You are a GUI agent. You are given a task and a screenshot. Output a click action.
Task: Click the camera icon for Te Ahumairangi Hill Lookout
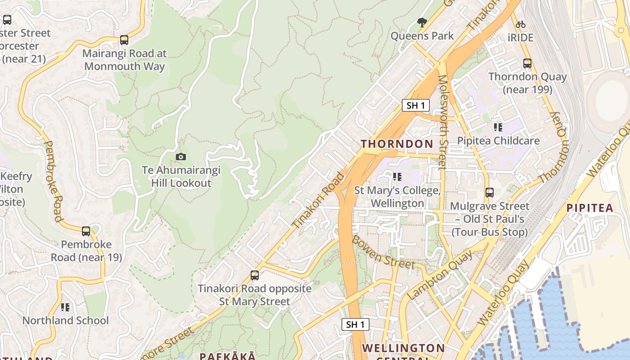point(180,157)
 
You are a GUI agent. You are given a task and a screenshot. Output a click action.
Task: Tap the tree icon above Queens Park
point(422,22)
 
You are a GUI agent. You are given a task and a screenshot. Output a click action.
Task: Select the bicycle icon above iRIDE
point(521,24)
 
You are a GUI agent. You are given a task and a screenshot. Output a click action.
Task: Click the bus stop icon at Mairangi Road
point(124,40)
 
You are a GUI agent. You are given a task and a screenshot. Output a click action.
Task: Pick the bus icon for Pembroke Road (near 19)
point(86,231)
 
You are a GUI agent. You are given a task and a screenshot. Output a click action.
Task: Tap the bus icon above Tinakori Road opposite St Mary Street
point(255,275)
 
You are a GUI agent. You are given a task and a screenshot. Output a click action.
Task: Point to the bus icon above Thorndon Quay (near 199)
point(527,63)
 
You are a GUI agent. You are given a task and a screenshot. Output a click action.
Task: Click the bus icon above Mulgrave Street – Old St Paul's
point(490,193)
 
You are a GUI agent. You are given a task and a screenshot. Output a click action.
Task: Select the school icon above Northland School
point(65,307)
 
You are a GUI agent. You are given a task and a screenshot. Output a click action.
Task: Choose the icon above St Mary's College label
point(397,177)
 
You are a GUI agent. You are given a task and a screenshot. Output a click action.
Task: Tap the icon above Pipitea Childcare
point(498,127)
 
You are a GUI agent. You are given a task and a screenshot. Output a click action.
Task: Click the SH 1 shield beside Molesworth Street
point(415,105)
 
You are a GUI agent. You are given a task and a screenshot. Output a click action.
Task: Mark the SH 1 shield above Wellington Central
point(355,324)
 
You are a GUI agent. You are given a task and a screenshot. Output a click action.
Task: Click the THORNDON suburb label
point(397,144)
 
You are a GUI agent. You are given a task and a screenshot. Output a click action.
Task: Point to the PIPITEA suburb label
point(589,208)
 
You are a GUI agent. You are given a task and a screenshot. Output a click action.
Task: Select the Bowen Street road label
point(382,252)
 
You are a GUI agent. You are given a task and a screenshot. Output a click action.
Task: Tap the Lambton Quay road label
point(440,275)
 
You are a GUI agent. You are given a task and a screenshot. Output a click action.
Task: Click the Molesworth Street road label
point(443,122)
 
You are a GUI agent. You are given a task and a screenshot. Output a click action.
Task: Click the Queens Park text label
point(422,36)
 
